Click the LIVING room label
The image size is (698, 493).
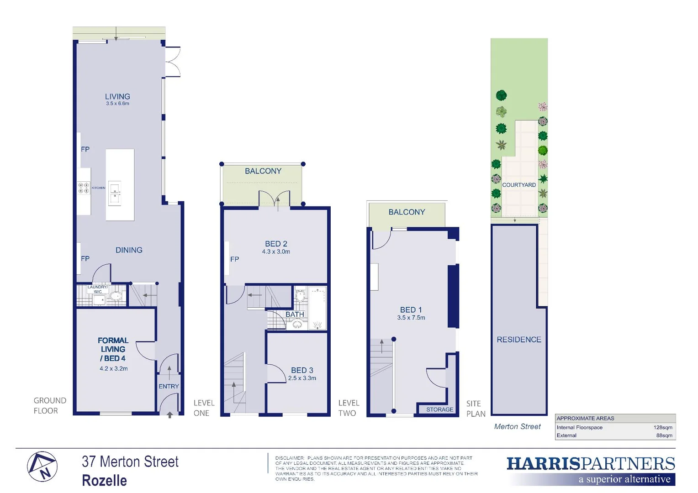117,97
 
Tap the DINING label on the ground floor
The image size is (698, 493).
129,250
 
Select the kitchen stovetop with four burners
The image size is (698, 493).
84,188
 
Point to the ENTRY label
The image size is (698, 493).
169,386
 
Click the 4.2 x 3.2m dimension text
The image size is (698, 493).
114,368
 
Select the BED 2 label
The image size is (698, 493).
276,244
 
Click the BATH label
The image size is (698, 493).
295,315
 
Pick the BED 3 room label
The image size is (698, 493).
302,370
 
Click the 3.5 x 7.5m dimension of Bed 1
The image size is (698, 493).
411,318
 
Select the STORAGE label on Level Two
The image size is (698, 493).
439,409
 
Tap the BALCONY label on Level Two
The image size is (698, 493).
407,212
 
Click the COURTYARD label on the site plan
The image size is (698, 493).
519,185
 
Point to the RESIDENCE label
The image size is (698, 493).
519,340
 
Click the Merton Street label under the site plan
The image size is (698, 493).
517,426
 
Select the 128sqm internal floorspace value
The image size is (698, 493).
663,428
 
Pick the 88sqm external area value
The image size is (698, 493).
664,435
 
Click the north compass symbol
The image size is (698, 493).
42,467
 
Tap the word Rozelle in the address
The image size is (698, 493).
105,481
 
